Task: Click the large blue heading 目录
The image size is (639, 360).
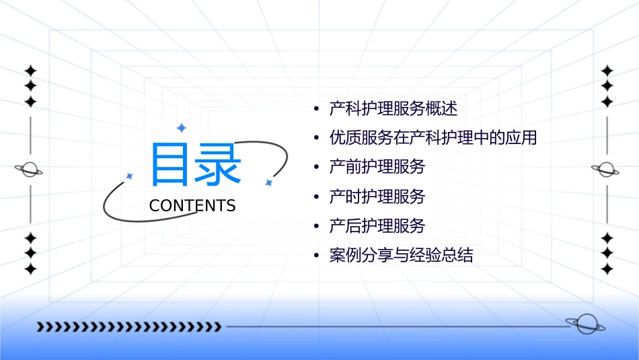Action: click(x=195, y=165)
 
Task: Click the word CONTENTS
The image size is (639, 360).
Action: click(x=192, y=206)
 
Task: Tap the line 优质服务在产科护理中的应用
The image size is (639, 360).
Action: click(x=433, y=138)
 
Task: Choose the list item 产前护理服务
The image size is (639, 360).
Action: click(x=377, y=167)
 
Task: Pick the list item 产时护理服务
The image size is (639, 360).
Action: click(x=377, y=196)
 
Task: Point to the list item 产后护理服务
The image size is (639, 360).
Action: click(x=377, y=226)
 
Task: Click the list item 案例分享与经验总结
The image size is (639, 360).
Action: click(x=402, y=256)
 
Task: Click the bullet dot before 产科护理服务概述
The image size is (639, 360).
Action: click(x=316, y=109)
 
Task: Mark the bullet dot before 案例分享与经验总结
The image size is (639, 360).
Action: click(x=316, y=256)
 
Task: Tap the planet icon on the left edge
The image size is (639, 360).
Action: click(x=30, y=170)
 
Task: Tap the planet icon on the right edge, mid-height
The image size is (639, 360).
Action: click(x=607, y=170)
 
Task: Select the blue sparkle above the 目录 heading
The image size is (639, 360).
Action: click(x=180, y=127)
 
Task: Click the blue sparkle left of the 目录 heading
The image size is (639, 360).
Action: click(x=130, y=176)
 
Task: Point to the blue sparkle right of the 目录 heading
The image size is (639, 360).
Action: click(x=268, y=182)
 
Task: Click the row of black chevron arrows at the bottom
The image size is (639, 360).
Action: click(x=128, y=327)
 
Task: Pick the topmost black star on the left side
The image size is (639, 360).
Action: click(x=30, y=71)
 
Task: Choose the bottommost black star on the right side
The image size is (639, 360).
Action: click(x=607, y=268)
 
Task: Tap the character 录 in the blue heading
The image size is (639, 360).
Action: click(x=218, y=165)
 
